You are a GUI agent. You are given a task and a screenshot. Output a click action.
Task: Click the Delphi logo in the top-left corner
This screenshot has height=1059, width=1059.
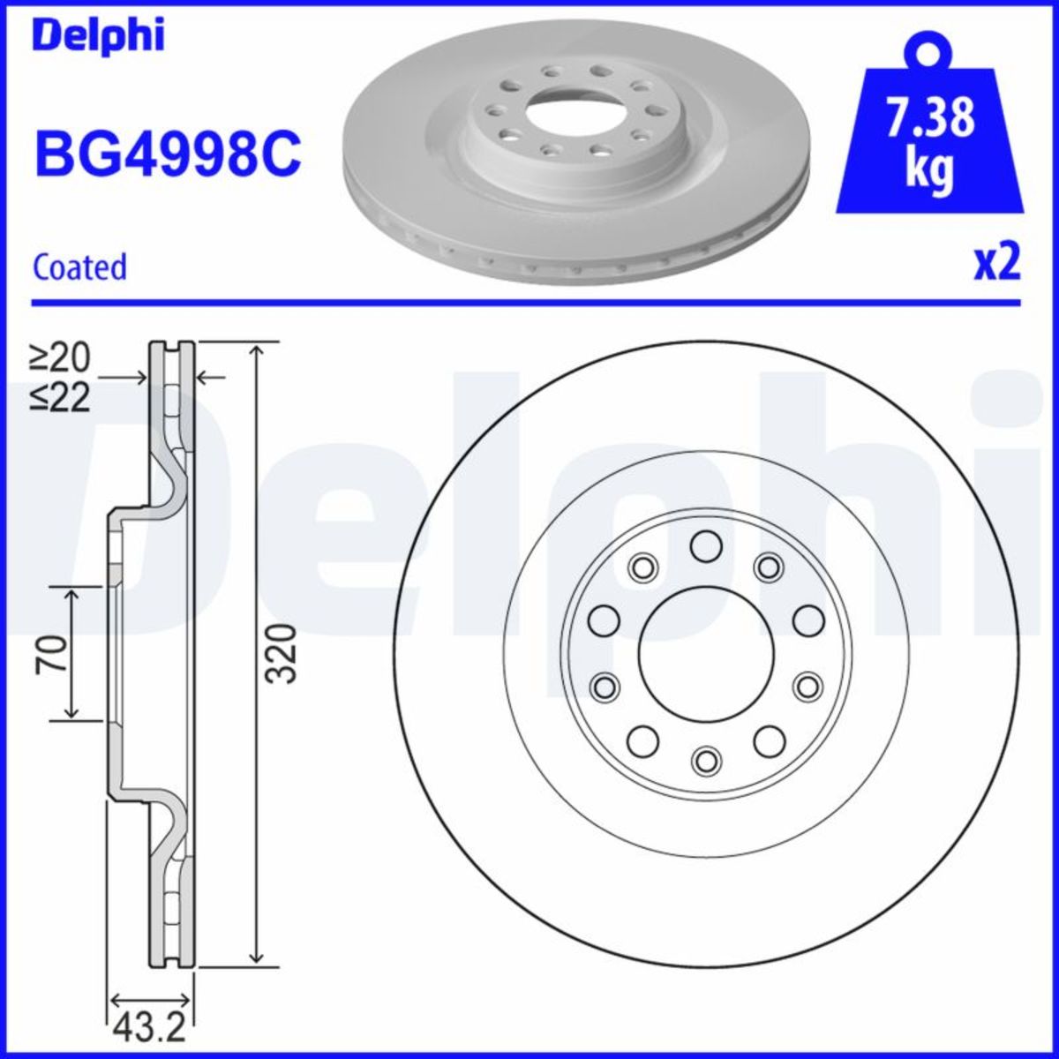[98, 37]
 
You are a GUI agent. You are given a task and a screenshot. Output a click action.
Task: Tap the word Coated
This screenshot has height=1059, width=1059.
[79, 267]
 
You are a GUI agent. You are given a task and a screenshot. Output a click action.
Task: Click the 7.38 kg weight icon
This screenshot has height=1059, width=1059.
[929, 132]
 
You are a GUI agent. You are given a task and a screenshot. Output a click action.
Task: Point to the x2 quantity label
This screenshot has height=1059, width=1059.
[996, 263]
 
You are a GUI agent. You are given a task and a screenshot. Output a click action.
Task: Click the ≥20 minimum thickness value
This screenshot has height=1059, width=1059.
[60, 357]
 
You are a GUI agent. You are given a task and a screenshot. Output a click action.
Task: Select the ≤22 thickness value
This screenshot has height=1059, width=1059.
[60, 399]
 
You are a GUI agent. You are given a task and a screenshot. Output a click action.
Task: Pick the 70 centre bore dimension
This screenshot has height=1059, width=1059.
[52, 653]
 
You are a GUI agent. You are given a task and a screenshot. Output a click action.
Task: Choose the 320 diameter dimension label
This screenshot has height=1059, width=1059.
[281, 653]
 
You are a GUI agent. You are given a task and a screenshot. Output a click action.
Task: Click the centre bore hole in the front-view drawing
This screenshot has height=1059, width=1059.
[703, 654]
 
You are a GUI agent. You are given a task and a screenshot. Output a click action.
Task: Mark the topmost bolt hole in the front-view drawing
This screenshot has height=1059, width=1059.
[704, 546]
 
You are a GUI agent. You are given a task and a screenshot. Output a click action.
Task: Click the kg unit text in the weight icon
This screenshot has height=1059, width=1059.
[929, 169]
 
